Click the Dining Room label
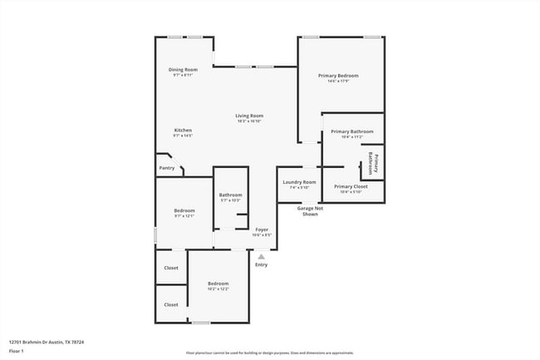click(x=184, y=69)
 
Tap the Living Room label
click(x=248, y=116)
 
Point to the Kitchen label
click(x=183, y=130)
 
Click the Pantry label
click(x=167, y=168)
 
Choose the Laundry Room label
click(x=298, y=181)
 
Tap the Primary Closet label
click(x=351, y=186)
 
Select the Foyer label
click(x=261, y=229)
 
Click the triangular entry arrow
click(x=261, y=257)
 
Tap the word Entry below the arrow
click(x=261, y=265)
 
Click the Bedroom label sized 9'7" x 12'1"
click(x=184, y=210)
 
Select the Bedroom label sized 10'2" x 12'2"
click(x=218, y=284)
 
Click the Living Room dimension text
click(x=248, y=121)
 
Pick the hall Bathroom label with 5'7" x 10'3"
click(x=230, y=195)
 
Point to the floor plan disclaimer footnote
click(x=270, y=353)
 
